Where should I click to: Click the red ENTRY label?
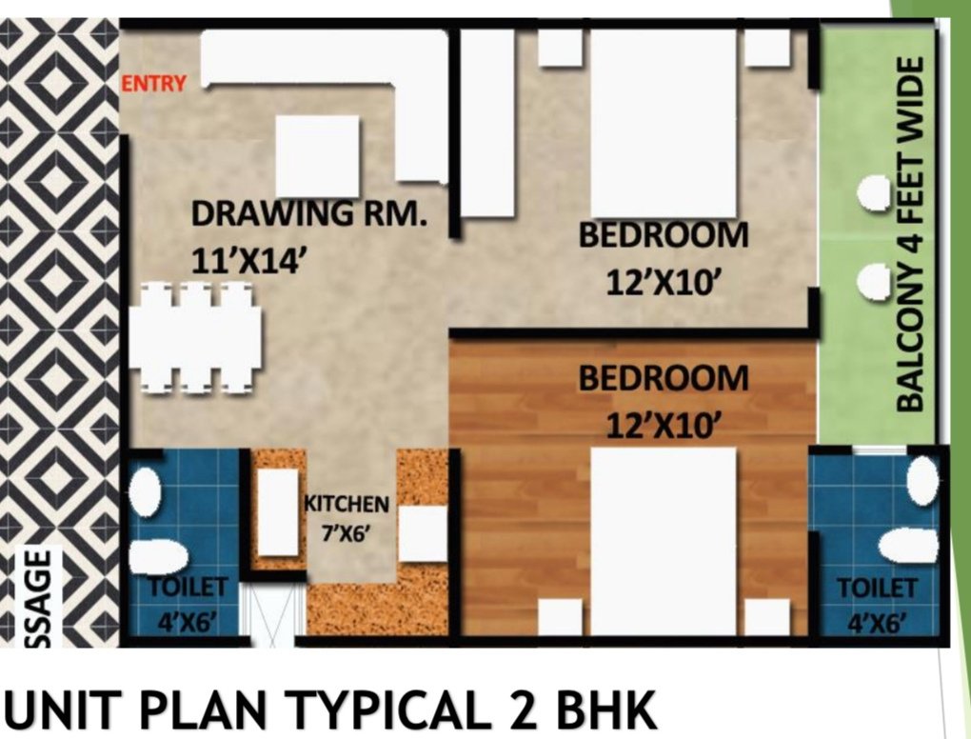[153, 83]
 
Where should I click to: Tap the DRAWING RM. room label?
[308, 213]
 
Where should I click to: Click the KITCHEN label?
[347, 504]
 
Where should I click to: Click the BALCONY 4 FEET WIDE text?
[911, 234]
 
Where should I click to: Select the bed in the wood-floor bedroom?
[664, 541]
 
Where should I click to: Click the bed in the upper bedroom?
[664, 123]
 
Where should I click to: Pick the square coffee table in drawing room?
[317, 156]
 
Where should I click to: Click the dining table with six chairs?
[196, 338]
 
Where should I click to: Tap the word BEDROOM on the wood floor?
[664, 379]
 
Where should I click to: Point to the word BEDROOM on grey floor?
[664, 235]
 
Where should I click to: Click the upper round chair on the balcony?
[875, 192]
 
